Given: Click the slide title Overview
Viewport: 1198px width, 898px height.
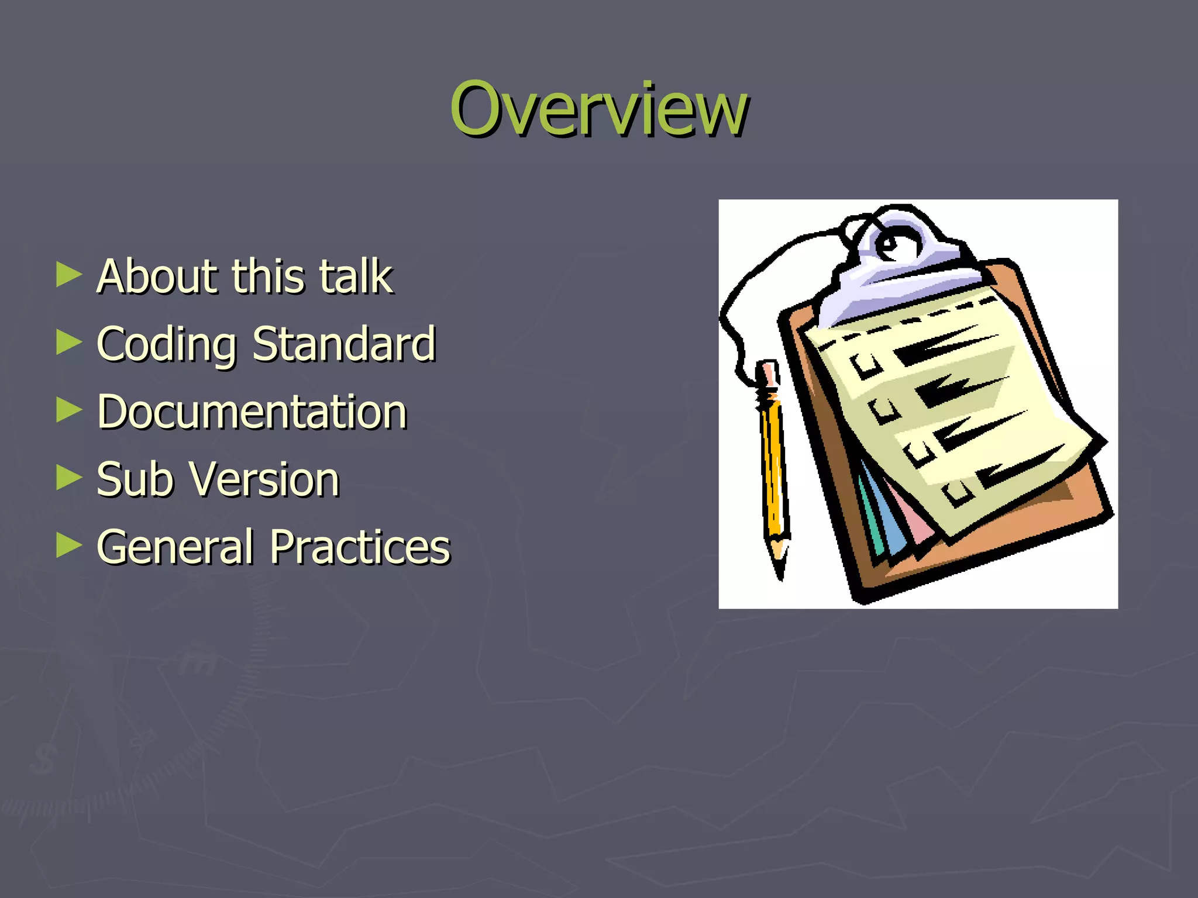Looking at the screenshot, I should (x=598, y=109).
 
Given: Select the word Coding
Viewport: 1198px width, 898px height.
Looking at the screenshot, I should (x=167, y=345).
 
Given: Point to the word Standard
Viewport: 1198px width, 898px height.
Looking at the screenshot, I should (x=344, y=344).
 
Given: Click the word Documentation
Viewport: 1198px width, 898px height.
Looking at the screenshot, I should (x=252, y=412).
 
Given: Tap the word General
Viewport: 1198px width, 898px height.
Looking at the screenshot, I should (x=175, y=547).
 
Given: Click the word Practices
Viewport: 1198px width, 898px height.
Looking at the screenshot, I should (x=360, y=547).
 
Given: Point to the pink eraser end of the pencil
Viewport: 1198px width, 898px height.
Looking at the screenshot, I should (x=767, y=372).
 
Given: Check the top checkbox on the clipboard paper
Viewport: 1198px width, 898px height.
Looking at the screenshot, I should (x=865, y=365).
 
